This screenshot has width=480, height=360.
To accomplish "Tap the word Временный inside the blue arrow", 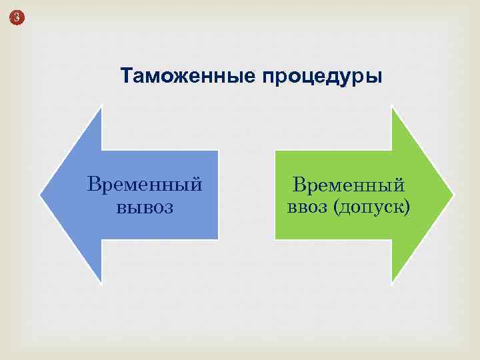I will pyautogui.click(x=145, y=183).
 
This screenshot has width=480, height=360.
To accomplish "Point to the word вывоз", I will pyautogui.click(x=145, y=207).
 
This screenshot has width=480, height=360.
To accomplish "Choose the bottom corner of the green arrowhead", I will pyautogui.click(x=392, y=282).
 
